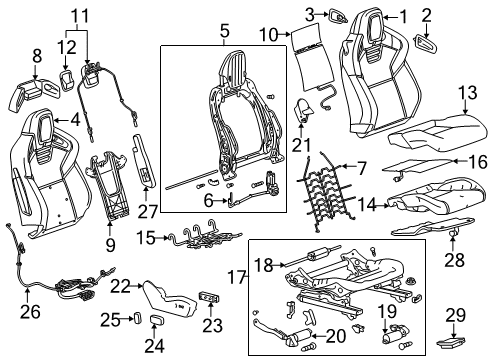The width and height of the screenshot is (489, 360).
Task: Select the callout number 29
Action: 456,318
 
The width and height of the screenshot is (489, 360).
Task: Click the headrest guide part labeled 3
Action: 338,14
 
